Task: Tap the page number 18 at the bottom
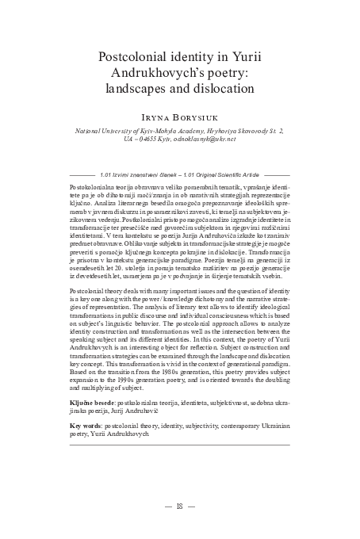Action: coord(180,507)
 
